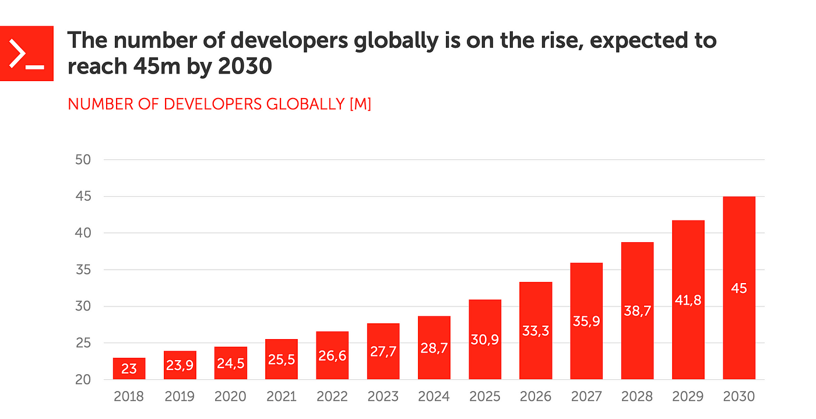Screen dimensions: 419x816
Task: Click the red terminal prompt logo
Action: point(27,54)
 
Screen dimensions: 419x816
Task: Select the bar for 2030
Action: point(739,288)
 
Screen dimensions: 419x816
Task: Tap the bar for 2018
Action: point(129,368)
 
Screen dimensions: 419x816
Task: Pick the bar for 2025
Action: point(485,339)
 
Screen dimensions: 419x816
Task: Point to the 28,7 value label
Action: point(434,348)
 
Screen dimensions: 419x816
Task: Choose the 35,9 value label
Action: point(587,321)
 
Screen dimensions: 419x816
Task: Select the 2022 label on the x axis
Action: point(332,397)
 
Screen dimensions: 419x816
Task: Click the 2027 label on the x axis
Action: point(586,397)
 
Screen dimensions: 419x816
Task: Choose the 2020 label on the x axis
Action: point(230,397)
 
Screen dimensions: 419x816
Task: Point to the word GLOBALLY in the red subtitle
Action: point(305,104)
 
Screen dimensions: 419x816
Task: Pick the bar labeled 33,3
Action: point(536,330)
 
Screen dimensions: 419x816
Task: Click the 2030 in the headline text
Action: point(245,67)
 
